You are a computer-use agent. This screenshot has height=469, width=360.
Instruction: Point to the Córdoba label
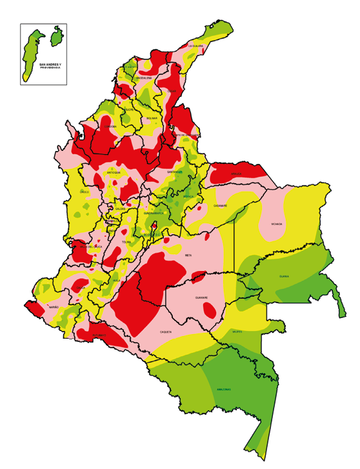coord(111,126)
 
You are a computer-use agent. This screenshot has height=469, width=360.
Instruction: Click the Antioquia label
coord(114,173)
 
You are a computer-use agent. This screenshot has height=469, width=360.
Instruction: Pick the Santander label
coord(175,172)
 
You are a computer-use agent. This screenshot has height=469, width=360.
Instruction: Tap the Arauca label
coord(236,174)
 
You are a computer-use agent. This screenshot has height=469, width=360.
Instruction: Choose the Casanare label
coord(221,206)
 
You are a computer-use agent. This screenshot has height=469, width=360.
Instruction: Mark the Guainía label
coord(284,276)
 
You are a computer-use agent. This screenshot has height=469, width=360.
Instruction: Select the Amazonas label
coord(224,389)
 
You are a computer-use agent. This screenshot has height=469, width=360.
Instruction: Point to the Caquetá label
coord(166,332)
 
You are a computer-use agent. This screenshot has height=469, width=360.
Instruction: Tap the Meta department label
coord(188,255)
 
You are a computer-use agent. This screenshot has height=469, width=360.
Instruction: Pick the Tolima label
coord(126,242)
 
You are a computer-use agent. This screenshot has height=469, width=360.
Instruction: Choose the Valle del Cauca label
coord(91,246)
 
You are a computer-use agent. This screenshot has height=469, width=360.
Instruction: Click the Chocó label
coord(84,192)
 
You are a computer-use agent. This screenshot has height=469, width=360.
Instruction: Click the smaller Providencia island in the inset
coord(57,37)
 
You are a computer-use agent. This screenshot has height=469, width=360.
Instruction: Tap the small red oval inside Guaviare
coord(210,310)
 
